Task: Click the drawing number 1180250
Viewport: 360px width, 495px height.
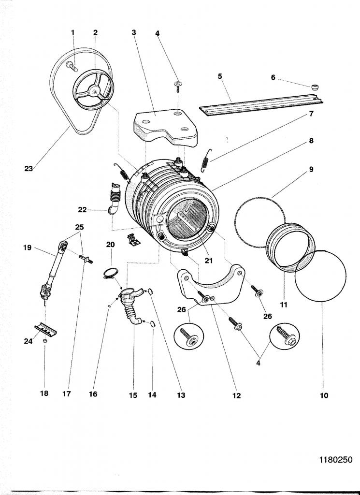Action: coord(335,460)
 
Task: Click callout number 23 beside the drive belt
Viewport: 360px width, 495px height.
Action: coord(29,169)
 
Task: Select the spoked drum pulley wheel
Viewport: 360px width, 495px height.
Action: coord(93,89)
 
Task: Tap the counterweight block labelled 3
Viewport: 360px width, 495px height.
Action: coord(165,128)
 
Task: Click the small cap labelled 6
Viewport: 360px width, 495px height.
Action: coord(314,87)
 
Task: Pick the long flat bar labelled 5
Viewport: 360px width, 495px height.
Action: coord(260,104)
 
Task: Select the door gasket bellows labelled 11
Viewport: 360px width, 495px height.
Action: coord(290,247)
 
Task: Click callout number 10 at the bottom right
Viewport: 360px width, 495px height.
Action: coord(324,395)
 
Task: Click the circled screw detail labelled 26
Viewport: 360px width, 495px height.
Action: coord(188,336)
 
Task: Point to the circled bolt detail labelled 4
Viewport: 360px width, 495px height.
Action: coord(285,336)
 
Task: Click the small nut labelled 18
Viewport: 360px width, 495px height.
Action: coord(45,341)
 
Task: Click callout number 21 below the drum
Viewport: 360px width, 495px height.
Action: coord(209,261)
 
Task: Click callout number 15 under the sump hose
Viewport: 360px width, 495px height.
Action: coord(133,395)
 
